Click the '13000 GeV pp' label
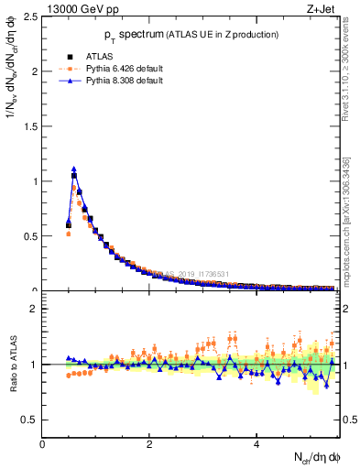tap(81, 9)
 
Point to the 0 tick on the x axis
tap(42, 443)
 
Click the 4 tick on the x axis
tap(256, 443)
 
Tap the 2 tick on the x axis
tap(149, 443)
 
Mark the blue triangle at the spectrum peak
tap(74, 169)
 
